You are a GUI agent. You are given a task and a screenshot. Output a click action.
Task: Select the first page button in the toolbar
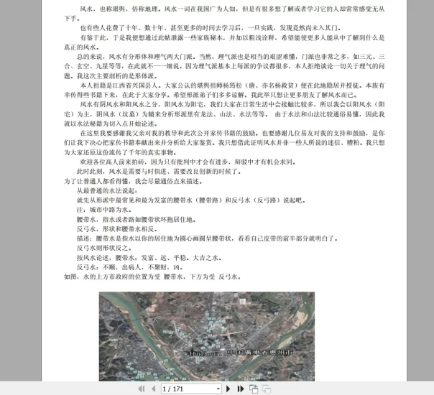(x=140, y=389)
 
